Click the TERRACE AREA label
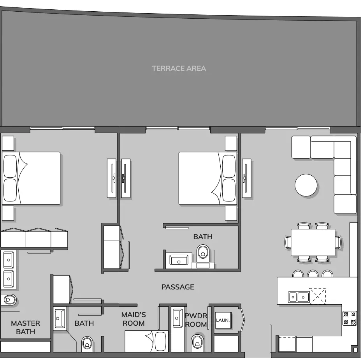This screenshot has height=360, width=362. coord(179,69)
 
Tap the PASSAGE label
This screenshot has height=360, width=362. coord(177,287)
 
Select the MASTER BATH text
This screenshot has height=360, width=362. coord(25,327)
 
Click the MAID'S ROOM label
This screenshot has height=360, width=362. coord(134,319)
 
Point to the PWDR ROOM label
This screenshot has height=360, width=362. coord(196,320)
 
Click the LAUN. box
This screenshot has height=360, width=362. coord(223,320)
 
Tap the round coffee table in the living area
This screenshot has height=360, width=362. coord(306,185)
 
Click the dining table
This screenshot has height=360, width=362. coord(313,242)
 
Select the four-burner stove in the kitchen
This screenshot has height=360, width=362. coord(349,318)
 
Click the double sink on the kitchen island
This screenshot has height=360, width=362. coord(299,297)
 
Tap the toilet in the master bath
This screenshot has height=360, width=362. coord(9,300)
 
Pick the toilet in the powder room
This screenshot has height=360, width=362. coord(198,343)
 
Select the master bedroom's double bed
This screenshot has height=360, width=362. coord(31,178)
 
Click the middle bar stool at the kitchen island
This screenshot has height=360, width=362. coord(313,274)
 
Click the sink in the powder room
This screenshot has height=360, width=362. coord(177,318)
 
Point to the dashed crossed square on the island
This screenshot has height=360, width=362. coord(318,296)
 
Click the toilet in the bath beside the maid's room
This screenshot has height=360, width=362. coord(87,344)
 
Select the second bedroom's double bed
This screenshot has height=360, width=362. coord(208,178)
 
